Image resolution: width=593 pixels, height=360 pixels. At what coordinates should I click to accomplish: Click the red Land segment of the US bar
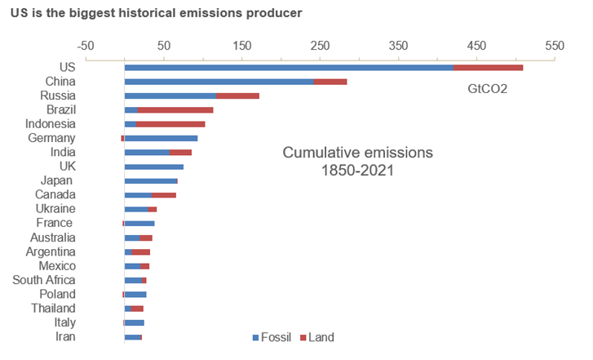click(488, 68)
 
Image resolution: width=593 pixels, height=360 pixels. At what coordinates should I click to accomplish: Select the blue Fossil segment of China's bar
click(219, 82)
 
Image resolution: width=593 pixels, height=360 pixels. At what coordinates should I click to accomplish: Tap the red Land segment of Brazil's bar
click(175, 109)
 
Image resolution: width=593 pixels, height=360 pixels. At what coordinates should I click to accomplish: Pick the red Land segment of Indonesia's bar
click(170, 124)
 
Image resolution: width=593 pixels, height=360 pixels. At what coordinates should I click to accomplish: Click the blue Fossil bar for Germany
click(162, 138)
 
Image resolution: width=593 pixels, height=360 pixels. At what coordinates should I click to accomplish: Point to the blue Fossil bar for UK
click(154, 167)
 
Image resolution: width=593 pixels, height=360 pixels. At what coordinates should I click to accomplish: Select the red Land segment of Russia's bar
click(238, 96)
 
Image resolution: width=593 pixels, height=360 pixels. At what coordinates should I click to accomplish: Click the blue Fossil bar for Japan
click(151, 180)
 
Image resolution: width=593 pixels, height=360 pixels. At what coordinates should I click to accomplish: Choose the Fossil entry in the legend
click(275, 337)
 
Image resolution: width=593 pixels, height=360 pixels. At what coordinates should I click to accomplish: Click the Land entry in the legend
click(321, 337)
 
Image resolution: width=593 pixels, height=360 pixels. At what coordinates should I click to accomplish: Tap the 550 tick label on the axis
click(555, 45)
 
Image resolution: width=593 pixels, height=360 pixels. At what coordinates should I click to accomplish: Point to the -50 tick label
click(86, 45)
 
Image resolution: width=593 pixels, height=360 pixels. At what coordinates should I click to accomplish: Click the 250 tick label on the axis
click(320, 45)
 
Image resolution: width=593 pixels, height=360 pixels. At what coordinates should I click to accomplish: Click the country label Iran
click(65, 336)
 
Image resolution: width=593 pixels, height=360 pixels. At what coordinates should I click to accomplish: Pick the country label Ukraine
click(55, 209)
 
